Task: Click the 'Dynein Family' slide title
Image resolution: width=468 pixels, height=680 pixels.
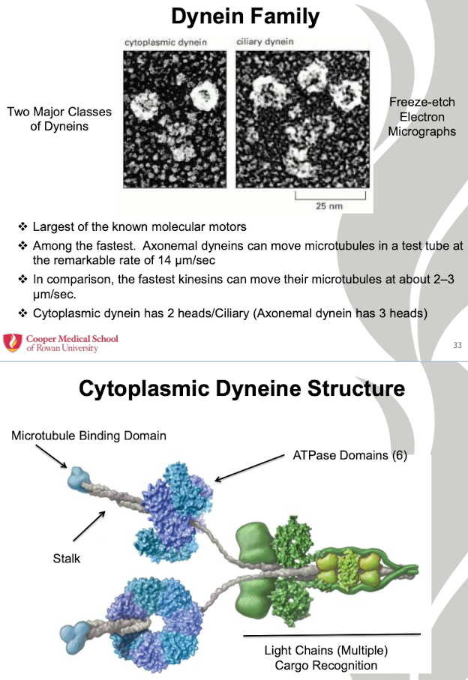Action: [x=245, y=16]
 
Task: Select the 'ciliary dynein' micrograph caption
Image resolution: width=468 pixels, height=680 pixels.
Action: [x=265, y=42]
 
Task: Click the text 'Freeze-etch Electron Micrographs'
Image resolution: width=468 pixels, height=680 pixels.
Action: [x=421, y=117]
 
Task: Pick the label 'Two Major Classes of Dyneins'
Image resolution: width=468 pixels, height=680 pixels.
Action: [x=59, y=119]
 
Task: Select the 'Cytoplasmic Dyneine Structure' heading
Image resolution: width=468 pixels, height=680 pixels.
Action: [x=241, y=389]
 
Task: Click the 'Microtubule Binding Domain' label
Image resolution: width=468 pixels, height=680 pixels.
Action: [x=88, y=436]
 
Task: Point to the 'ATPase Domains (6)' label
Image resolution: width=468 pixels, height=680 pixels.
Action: [x=349, y=455]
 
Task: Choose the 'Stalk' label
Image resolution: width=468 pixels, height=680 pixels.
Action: [x=66, y=558]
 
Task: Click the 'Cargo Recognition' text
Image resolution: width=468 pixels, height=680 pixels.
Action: [x=325, y=665]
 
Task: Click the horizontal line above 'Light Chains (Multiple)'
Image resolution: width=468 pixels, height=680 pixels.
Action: [x=331, y=635]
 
